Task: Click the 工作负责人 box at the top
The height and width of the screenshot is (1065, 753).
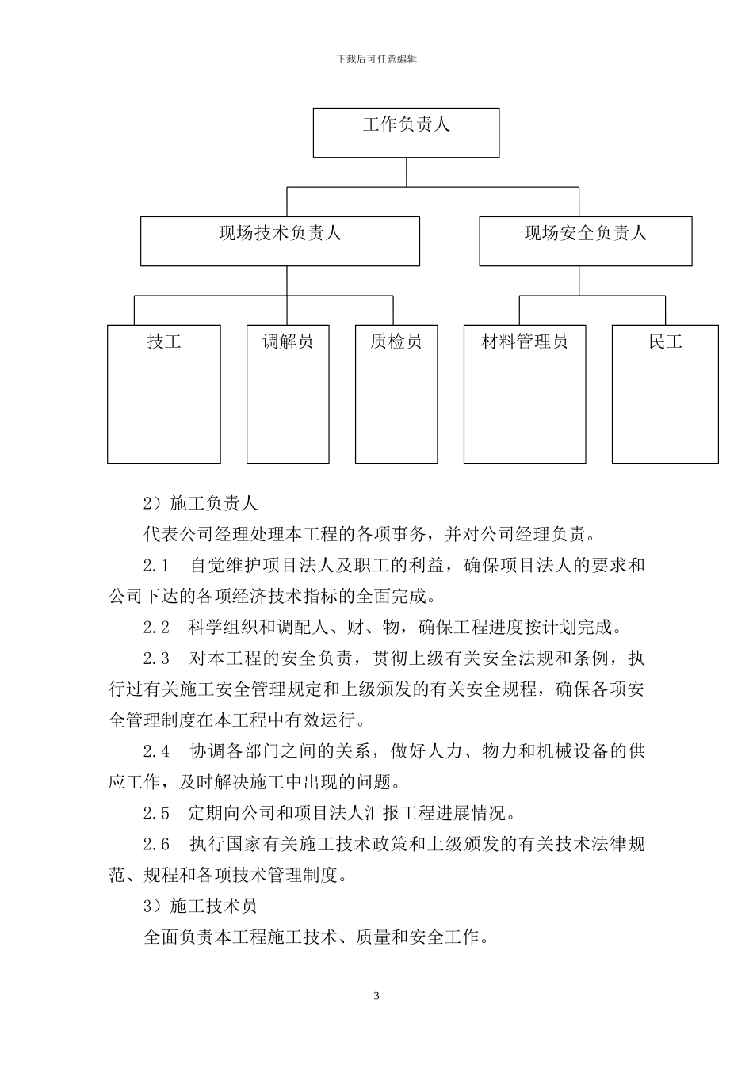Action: pos(406,132)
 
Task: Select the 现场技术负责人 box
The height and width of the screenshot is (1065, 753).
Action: pos(280,241)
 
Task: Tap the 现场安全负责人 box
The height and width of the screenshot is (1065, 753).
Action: pos(585,241)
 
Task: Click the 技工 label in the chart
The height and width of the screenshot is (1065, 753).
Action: pos(164,342)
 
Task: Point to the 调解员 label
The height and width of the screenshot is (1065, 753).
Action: pos(287,342)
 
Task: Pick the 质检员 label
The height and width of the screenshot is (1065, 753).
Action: pos(396,342)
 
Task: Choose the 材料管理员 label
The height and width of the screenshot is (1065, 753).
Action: pos(525,342)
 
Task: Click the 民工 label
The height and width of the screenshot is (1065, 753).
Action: pos(665,342)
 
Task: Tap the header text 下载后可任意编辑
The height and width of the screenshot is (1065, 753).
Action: pos(376,59)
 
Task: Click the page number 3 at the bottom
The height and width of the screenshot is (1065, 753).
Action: pos(376,996)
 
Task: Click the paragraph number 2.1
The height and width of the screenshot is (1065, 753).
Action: pos(156,566)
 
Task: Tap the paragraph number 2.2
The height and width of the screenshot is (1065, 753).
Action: pos(156,628)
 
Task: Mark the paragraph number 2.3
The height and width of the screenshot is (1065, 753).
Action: pos(156,658)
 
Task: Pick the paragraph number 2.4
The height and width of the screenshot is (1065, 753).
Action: pos(156,751)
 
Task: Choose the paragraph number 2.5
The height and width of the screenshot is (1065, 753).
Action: pos(156,813)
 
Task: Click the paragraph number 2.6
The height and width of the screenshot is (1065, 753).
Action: pos(156,844)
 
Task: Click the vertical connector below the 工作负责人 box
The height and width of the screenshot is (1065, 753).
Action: pos(407,173)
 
